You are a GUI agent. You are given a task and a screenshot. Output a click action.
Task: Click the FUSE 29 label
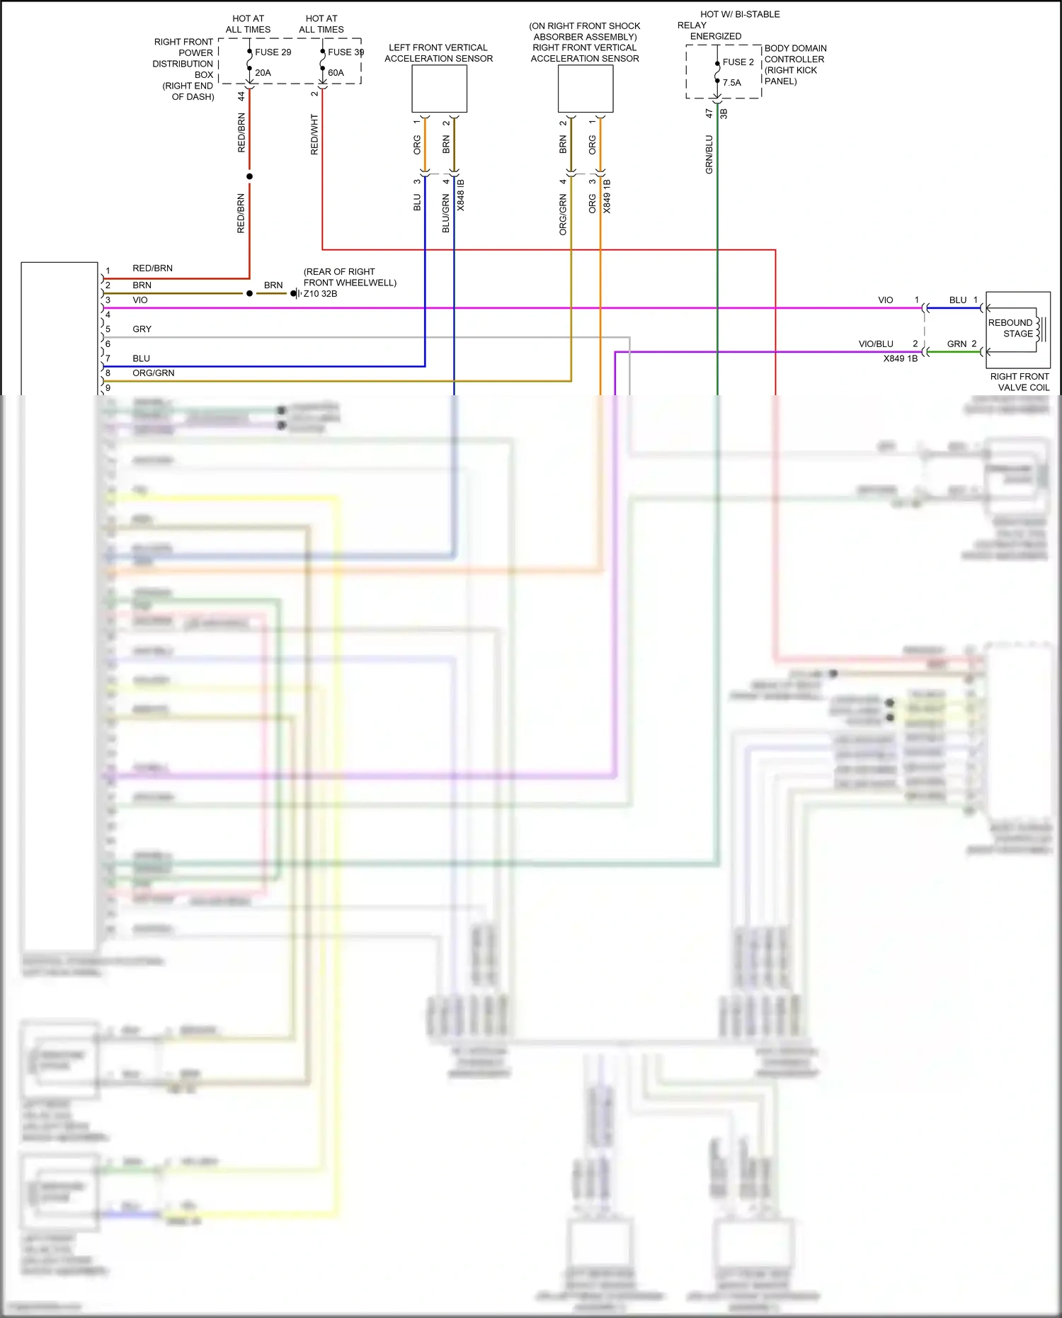click(x=273, y=52)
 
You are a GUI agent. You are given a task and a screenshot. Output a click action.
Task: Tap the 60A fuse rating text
click(x=336, y=73)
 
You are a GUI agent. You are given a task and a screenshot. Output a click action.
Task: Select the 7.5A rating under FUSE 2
click(x=731, y=83)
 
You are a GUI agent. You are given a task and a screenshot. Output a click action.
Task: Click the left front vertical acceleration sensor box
click(x=439, y=89)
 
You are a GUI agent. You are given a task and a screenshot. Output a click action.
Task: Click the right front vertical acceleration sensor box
click(x=585, y=89)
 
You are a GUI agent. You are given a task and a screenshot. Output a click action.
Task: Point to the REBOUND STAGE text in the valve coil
click(x=1010, y=328)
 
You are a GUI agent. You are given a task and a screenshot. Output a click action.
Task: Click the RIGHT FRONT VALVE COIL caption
click(x=1020, y=382)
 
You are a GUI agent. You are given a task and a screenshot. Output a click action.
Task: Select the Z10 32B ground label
click(x=320, y=294)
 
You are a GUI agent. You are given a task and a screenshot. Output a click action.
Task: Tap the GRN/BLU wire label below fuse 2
click(x=709, y=154)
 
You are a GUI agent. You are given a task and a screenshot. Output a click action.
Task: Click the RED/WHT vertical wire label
click(x=314, y=135)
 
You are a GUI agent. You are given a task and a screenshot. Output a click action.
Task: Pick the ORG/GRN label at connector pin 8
click(x=153, y=373)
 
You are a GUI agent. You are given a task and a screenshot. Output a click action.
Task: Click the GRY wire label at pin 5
click(x=142, y=329)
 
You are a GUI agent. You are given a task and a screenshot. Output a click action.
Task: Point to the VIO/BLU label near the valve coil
click(x=876, y=344)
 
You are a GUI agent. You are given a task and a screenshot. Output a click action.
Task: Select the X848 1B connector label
click(x=461, y=195)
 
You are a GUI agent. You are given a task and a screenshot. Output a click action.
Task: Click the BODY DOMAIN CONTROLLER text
click(x=794, y=54)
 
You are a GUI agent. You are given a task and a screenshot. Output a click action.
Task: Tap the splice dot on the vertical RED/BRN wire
click(x=249, y=176)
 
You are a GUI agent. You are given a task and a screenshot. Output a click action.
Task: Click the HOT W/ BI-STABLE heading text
click(x=740, y=14)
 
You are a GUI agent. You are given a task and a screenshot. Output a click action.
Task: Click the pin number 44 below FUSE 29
click(x=241, y=96)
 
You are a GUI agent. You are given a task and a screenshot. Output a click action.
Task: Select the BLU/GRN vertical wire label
click(x=445, y=214)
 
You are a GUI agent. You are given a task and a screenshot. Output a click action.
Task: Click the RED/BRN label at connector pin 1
click(x=152, y=268)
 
